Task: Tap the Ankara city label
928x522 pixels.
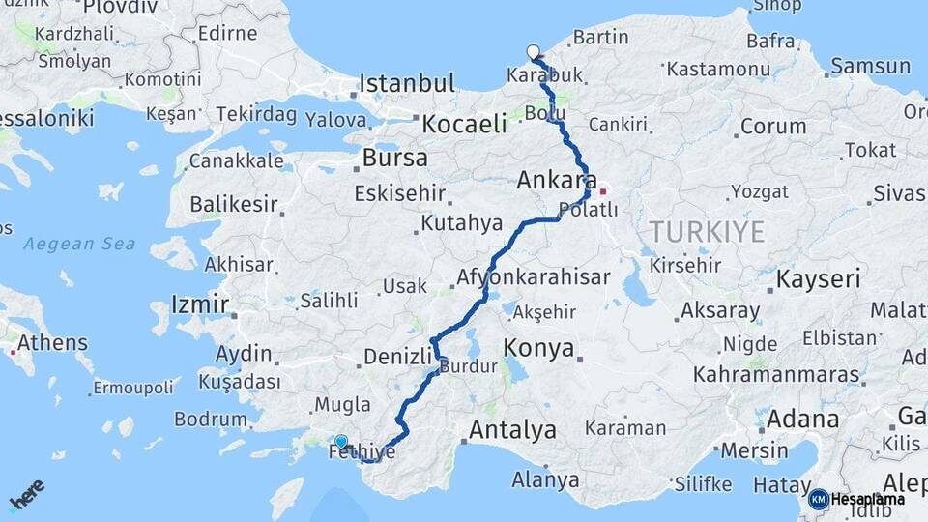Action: coord(556,181)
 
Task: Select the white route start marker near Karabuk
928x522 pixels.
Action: coord(533,52)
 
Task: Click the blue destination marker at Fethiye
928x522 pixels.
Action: coord(340,443)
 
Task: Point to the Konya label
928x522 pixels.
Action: coord(539,349)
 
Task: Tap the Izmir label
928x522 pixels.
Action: coord(200,305)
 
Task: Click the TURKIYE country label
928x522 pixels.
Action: coord(707,232)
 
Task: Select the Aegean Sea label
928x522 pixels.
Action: coord(79,245)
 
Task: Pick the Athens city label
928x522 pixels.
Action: coord(52,343)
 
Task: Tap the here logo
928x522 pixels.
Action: coord(26,494)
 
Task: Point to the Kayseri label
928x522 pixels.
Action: coord(820,280)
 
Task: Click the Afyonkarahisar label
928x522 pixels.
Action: coord(533,277)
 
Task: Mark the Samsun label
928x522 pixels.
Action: coord(870,67)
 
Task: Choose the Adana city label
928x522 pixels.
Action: coord(802,420)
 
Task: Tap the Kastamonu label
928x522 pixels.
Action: coord(716,69)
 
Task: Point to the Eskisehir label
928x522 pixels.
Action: coord(400,194)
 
